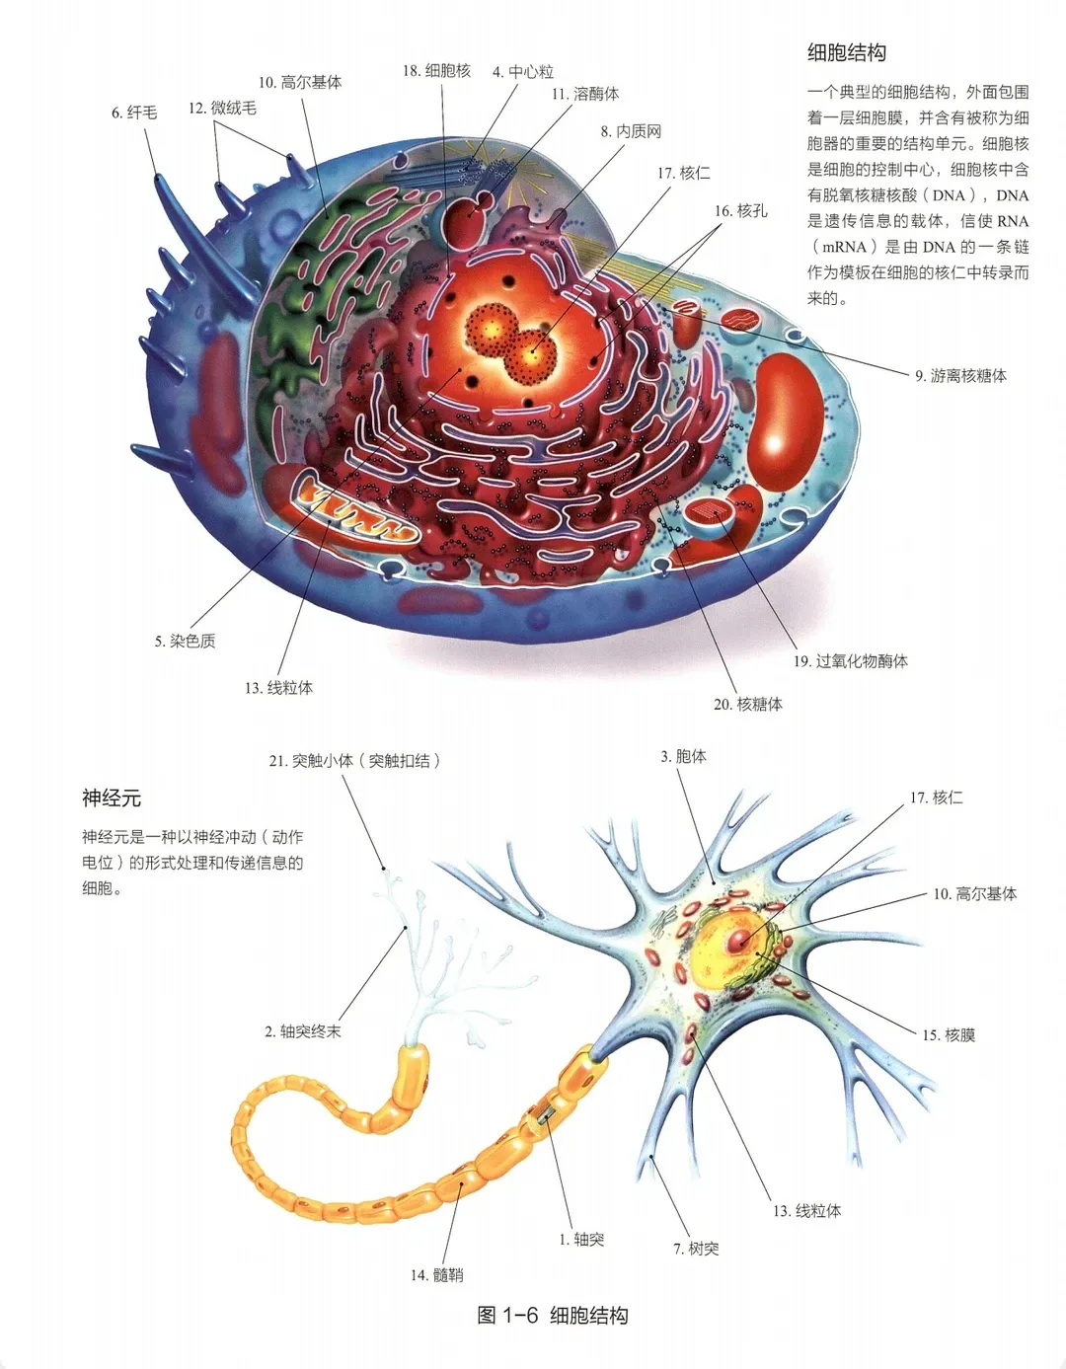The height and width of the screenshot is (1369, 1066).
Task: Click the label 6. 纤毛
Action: pyautogui.click(x=134, y=114)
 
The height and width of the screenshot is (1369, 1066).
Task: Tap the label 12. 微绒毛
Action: pyautogui.click(x=222, y=109)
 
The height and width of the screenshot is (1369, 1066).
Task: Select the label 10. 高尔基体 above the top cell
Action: pyautogui.click(x=300, y=83)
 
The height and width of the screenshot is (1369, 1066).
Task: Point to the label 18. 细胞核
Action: pyautogui.click(x=436, y=71)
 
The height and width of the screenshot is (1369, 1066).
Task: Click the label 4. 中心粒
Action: pyautogui.click(x=523, y=72)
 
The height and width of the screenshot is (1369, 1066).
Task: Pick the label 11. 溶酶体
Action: pyautogui.click(x=585, y=95)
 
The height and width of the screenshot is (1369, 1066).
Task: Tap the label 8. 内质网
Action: pyautogui.click(x=631, y=132)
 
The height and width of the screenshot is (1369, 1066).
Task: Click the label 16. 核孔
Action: pyautogui.click(x=740, y=211)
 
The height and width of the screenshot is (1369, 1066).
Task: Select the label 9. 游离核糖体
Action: pyautogui.click(x=960, y=376)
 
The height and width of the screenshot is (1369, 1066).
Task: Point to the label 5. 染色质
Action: pyautogui.click(x=185, y=642)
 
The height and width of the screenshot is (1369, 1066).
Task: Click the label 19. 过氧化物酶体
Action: pyautogui.click(x=851, y=661)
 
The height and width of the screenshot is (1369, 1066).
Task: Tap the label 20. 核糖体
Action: pyautogui.click(x=748, y=705)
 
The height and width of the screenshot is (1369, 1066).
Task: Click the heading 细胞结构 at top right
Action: pyautogui.click(x=847, y=53)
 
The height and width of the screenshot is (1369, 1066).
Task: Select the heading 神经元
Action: pyautogui.click(x=112, y=798)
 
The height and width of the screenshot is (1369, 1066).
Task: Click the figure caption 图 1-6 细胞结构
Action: pyautogui.click(x=553, y=1316)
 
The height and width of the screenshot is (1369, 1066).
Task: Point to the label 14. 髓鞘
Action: pyautogui.click(x=436, y=1275)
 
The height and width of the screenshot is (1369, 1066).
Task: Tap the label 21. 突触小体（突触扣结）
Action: pyautogui.click(x=354, y=761)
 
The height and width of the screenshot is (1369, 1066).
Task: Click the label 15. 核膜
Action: pyautogui.click(x=949, y=1035)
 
